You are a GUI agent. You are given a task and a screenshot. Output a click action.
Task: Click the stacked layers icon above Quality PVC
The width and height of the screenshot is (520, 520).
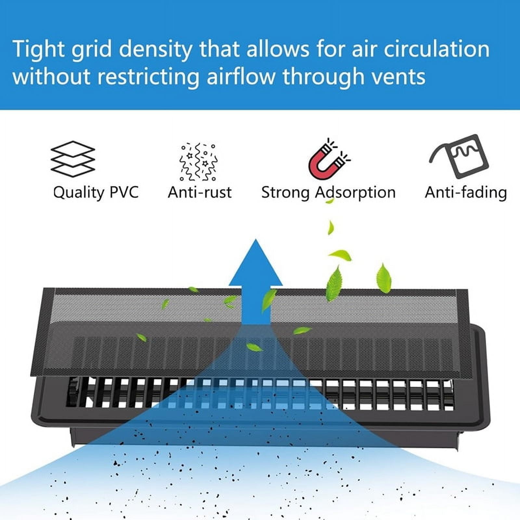click(x=73, y=159)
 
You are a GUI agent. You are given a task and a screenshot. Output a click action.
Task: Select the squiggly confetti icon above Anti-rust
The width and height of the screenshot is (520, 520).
click(x=198, y=162)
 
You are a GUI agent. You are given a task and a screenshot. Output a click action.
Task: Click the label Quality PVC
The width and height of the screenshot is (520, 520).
click(x=96, y=192)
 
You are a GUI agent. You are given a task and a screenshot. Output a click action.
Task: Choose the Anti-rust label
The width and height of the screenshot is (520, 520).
click(x=200, y=192)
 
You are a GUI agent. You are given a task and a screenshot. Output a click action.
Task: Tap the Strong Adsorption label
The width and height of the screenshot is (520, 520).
click(x=328, y=192)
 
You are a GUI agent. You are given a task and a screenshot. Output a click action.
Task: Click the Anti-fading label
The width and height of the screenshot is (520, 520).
click(x=466, y=192)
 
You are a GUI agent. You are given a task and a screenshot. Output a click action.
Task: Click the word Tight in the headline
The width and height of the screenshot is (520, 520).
click(x=39, y=49)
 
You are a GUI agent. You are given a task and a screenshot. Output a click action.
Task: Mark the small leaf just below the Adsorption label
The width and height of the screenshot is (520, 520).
click(x=330, y=201)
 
